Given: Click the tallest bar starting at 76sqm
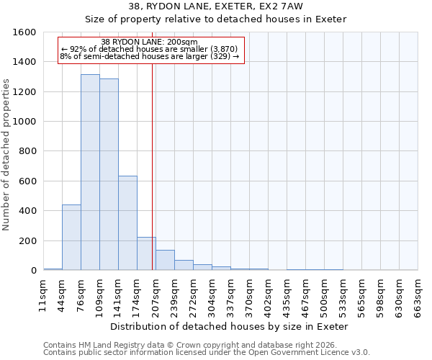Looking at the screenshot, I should pos(90,173).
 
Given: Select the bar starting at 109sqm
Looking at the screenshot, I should pos(109,175).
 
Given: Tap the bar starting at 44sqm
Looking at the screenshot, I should pos(71,238).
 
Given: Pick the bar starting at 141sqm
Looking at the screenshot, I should pos(127,223).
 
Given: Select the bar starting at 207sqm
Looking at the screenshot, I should pos(165,260).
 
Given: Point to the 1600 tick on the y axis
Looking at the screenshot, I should pos(24,32).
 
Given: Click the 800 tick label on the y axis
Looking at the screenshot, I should pos(27,151).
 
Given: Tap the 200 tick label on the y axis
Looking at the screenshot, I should pos(27,240).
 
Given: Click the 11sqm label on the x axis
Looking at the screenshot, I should pos(43,295).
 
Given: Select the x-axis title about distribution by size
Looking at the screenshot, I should pos(230,326).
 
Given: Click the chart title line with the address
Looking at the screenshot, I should pos(215,6).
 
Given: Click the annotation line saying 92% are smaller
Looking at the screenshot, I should pos(153,49).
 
